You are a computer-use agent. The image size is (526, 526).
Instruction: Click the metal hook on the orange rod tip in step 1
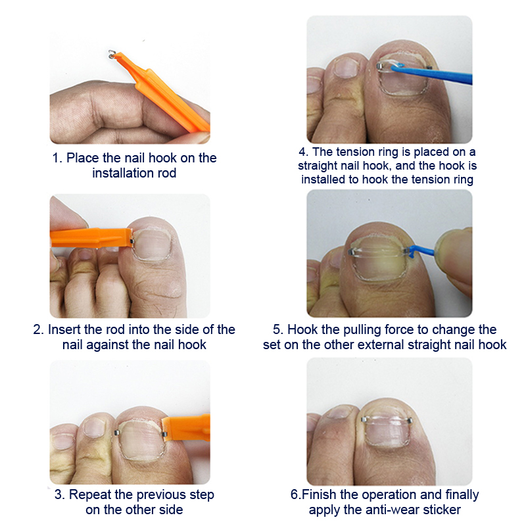[x=112, y=54]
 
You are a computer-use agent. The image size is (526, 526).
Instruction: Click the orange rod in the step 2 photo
[x=91, y=238]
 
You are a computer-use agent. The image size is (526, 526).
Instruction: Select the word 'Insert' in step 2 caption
[x=64, y=329]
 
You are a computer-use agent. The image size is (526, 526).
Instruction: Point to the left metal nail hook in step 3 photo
[x=117, y=433]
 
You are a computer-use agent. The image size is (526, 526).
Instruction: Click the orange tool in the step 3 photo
[x=186, y=429]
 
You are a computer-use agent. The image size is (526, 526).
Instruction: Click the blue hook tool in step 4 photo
[x=432, y=74]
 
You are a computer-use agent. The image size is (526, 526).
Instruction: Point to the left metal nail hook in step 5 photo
[x=351, y=252]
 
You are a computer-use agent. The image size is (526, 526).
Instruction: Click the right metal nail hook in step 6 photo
[x=410, y=421]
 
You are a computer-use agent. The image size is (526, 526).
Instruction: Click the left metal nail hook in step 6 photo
[x=364, y=419]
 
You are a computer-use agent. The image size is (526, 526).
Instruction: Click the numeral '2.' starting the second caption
[x=39, y=329]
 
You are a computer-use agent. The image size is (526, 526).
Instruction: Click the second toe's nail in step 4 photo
[x=347, y=67]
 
